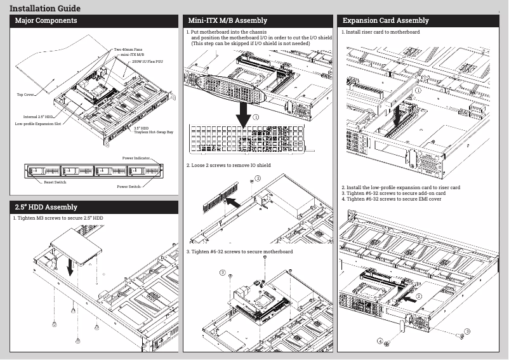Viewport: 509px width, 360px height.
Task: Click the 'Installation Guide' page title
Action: pos(44,8)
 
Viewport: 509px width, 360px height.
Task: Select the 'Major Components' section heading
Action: pos(46,21)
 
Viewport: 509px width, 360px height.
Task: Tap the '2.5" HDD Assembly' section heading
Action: pos(46,207)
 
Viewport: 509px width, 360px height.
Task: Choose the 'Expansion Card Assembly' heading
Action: pos(386,21)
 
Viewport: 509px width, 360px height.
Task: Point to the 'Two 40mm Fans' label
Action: pos(128,49)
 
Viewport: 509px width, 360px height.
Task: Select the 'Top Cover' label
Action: pos(25,94)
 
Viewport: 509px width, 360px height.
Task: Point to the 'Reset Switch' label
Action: pos(55,182)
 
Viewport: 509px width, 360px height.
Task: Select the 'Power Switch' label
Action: pos(129,187)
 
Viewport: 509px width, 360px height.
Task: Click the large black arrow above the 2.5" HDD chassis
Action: pos(70,265)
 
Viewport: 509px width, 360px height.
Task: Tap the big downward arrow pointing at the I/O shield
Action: pos(242,112)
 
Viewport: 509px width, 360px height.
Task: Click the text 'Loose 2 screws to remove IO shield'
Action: pos(229,165)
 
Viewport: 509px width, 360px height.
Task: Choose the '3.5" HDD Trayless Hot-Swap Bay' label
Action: pos(153,130)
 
